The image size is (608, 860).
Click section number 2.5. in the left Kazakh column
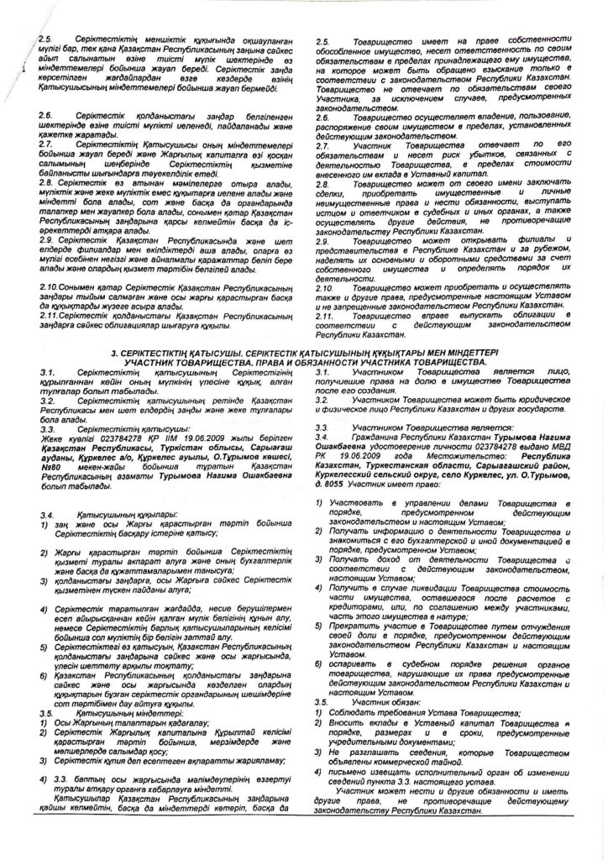45,40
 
